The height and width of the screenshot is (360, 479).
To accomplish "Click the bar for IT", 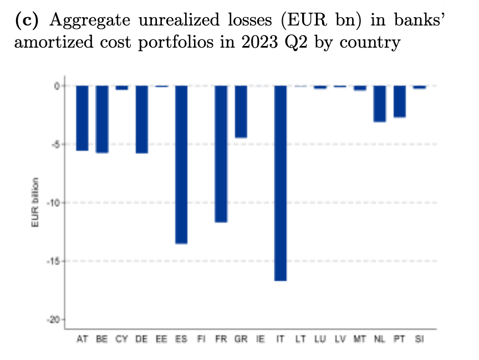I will [281, 183].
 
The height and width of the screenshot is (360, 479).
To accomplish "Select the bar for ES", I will [181, 164].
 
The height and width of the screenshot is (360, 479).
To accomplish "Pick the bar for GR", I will [241, 111].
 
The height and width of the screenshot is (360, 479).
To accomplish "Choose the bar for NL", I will [380, 104].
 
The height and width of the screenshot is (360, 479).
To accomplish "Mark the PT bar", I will [400, 101].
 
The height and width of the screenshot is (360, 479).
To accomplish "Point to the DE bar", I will [142, 119].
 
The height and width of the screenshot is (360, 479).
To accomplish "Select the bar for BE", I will [102, 119].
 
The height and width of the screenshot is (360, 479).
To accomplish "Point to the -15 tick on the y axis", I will [55, 261].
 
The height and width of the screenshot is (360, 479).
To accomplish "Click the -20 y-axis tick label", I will [55, 320].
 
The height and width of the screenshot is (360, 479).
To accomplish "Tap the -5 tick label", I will [57, 144].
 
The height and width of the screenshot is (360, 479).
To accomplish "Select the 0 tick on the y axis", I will [58, 86].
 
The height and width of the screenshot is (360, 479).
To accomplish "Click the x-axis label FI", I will [201, 339].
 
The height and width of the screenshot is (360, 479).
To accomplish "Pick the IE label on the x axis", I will [261, 339].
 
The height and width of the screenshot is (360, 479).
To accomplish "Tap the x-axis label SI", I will [419, 339].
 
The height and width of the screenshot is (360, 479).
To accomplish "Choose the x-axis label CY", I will [121, 339].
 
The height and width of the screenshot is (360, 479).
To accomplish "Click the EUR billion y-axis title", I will [35, 203].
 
